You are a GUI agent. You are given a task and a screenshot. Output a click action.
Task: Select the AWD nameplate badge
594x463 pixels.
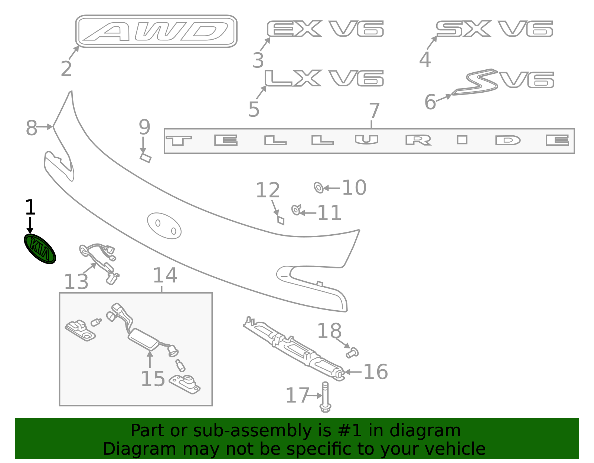coord(156,32)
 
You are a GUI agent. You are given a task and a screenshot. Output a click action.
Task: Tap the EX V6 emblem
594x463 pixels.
coord(325,29)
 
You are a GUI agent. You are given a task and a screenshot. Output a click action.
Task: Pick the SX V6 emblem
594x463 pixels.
coord(494,29)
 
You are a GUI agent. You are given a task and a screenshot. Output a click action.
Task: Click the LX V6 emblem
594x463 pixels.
coord(324,78)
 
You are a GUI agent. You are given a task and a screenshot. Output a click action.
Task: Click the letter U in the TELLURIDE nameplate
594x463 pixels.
coord(366,140)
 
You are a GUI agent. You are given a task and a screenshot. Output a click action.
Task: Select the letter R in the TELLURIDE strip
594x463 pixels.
coord(418,140)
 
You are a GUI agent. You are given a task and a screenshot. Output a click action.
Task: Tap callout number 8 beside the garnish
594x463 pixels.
coord(32,128)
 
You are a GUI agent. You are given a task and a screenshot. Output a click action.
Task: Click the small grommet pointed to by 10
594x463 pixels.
coord(319,188)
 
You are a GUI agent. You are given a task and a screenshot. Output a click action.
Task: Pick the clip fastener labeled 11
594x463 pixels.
coord(296,210)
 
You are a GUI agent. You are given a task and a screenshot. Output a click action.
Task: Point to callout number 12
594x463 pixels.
coord(267,191)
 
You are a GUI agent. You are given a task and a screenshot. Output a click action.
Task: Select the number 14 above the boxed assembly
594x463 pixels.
coord(165,275)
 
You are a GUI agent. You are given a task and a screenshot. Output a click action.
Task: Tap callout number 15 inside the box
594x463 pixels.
coord(153,379)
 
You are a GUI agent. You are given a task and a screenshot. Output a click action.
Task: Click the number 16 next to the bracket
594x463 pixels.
coord(375,372)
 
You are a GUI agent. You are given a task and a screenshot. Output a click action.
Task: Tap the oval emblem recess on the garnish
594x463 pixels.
coord(164,225)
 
